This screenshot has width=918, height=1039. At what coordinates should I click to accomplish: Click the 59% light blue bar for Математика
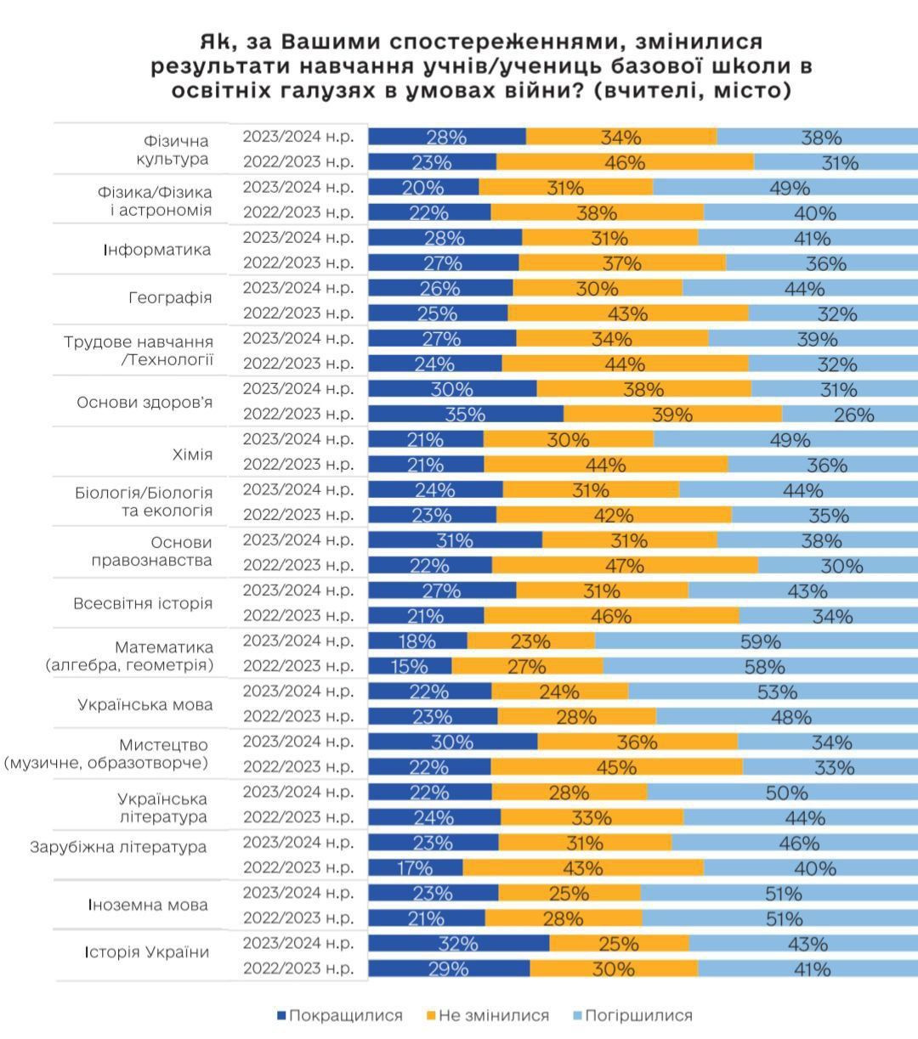756,641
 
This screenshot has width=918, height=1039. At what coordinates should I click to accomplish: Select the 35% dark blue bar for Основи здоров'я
465,415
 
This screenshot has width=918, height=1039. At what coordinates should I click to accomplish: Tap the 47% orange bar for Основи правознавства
625,566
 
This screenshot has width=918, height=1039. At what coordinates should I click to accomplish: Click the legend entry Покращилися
340,1015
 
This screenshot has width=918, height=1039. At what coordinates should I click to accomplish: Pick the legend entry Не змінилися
488,1015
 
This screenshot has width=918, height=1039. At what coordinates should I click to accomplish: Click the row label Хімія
192,454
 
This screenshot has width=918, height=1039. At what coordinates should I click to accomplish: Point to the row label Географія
170,298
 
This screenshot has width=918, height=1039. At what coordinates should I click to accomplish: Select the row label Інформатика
157,250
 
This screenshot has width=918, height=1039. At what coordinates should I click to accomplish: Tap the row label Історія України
146,951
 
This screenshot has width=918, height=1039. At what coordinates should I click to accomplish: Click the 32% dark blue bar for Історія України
458,944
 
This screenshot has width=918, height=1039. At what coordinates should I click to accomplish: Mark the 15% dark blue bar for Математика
409,667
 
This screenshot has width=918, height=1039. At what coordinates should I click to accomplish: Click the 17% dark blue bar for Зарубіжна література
415,868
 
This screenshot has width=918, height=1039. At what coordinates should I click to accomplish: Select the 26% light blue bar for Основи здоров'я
849,415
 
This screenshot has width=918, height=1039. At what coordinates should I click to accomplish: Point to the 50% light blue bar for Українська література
782,793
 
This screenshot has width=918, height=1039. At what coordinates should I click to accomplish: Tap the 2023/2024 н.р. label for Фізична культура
298,137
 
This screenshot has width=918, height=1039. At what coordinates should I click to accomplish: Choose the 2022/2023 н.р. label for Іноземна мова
298,918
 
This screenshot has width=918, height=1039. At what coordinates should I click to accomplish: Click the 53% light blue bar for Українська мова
773,692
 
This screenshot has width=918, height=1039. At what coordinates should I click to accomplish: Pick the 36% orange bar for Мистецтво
637,743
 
